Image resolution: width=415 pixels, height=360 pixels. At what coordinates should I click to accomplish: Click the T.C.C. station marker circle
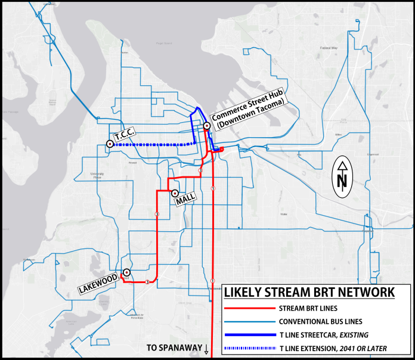click(110, 144)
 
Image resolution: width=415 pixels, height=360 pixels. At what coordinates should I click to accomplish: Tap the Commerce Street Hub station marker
click(206, 126)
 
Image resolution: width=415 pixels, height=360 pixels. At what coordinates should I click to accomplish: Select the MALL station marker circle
click(175, 193)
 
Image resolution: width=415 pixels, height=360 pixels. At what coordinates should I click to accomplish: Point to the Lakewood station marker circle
click(126, 272)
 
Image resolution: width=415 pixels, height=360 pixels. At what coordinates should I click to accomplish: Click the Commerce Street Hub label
click(248, 113)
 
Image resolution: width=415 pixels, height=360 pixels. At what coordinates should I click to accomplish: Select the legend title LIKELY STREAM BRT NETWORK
click(309, 293)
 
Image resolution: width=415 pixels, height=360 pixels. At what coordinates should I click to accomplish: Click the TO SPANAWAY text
click(174, 349)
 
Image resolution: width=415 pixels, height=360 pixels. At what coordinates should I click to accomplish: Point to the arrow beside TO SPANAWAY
click(206, 349)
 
